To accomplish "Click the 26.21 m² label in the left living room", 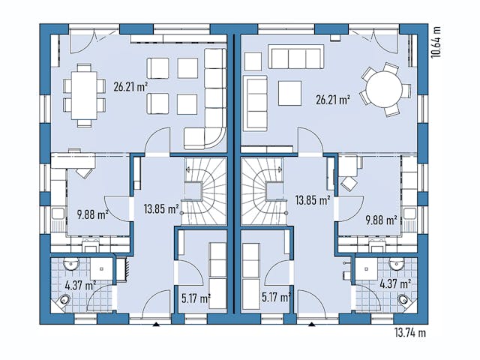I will coord(130,86).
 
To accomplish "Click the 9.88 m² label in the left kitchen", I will coord(92,214).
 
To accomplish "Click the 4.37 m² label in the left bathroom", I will coord(79,285).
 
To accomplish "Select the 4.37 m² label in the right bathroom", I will coord(394,284).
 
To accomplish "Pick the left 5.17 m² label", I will coord(195,298).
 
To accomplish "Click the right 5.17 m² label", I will coord(276,298).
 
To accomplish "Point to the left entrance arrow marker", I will coord(156,325).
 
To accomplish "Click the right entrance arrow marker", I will coord(313,325).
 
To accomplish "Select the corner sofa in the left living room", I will coord(210,112).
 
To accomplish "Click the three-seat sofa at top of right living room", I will coord(295,58).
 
